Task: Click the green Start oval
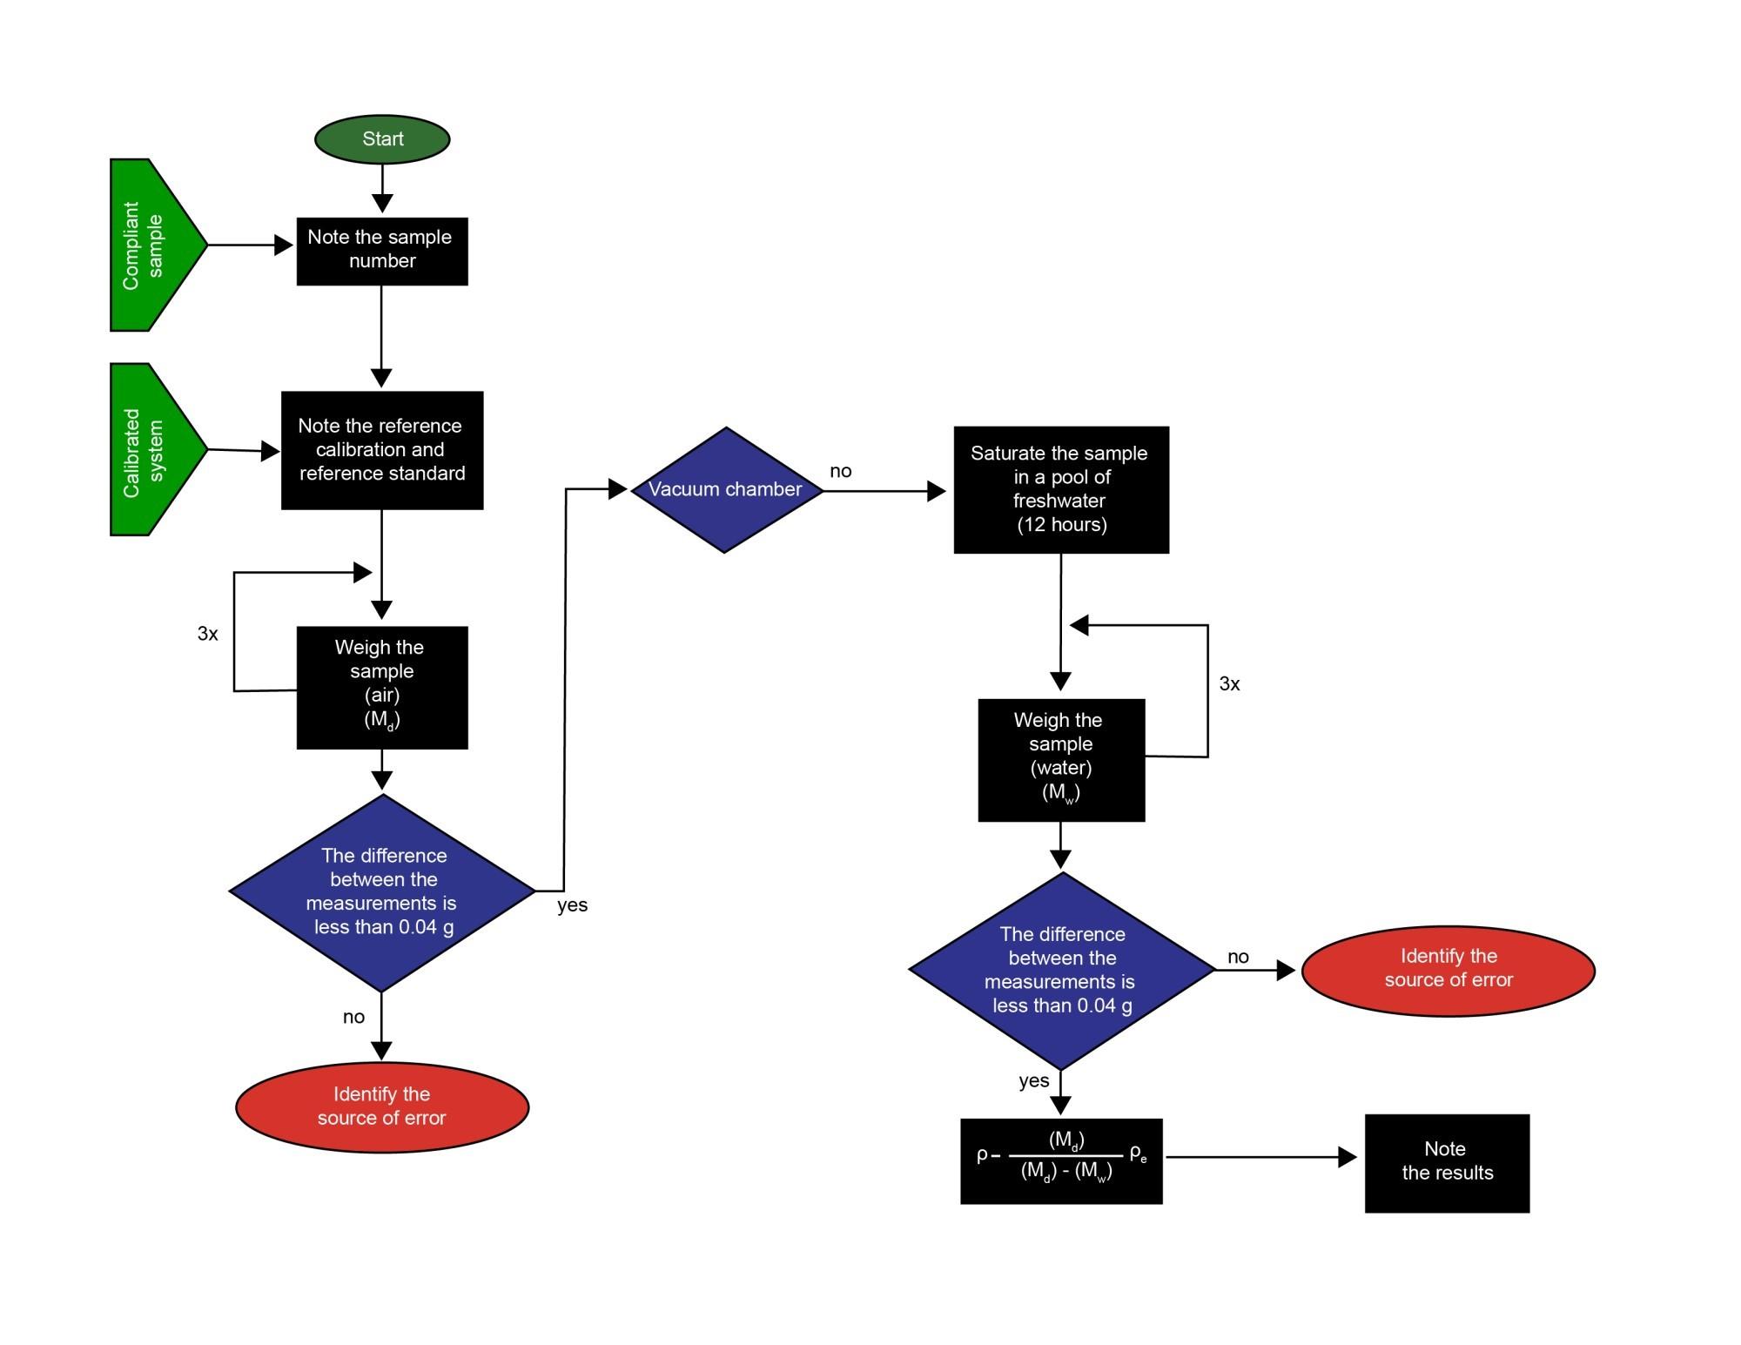382,139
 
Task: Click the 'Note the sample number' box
382,251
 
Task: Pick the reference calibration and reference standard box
382,450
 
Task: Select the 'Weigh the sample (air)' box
382,687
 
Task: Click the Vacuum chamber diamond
726,490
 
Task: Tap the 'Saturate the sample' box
1060,489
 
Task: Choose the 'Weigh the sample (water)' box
1060,759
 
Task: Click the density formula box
1060,1160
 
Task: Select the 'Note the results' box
1446,1162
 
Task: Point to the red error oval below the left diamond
382,1106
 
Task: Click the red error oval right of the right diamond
1448,970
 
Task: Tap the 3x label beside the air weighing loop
208,634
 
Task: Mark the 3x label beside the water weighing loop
1229,684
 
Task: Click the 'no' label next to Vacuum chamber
840,472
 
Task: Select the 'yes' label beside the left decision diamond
572,905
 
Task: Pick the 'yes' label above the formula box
1033,1081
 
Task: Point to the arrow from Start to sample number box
382,188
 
